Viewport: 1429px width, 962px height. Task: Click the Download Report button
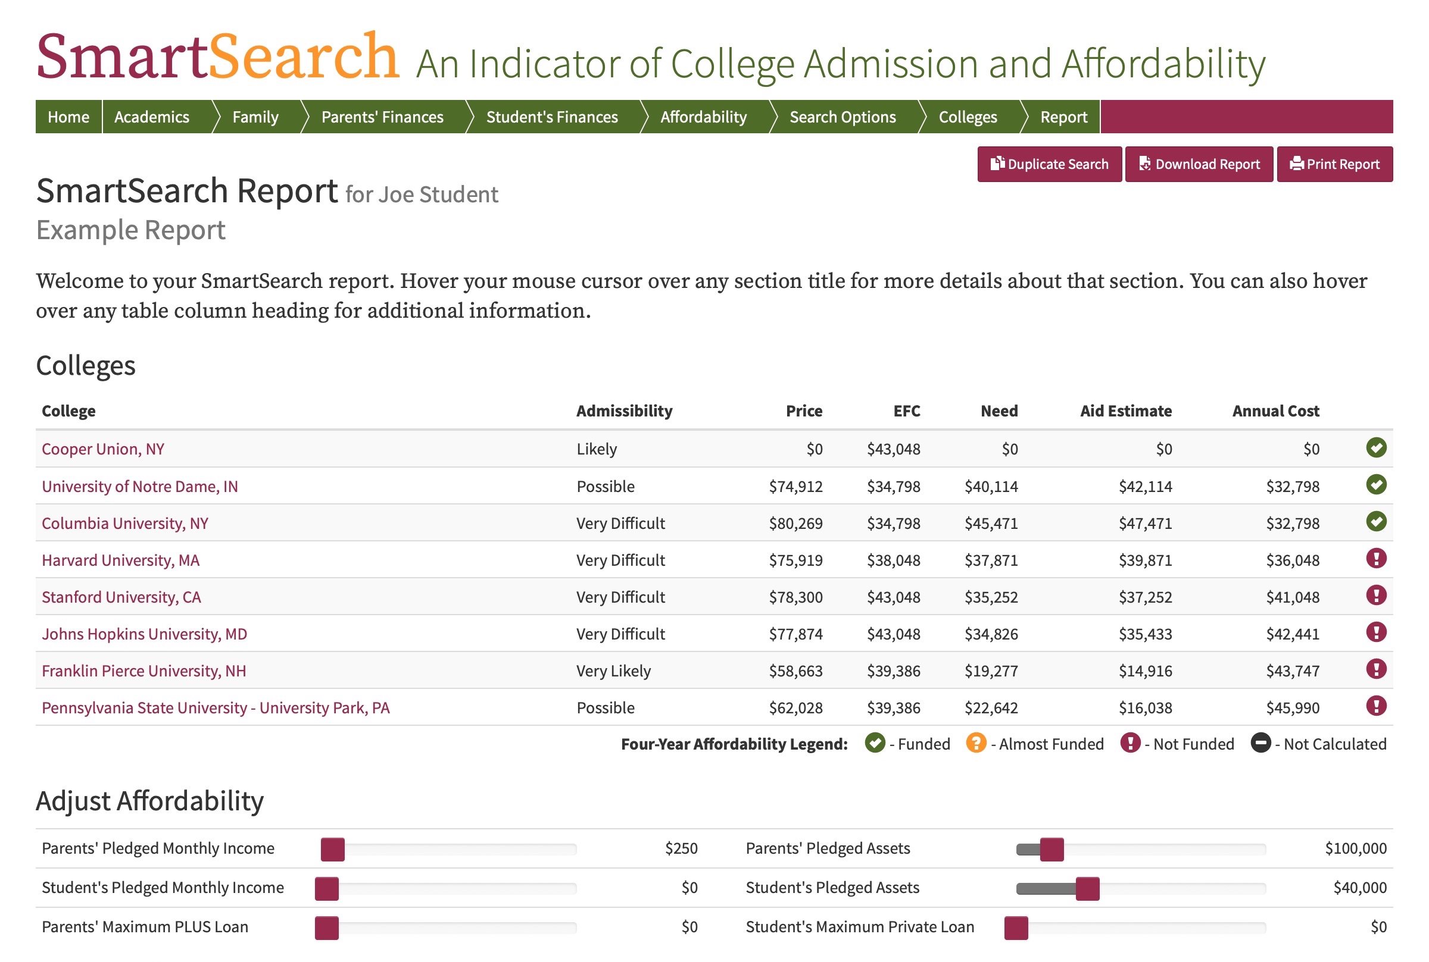[1198, 164]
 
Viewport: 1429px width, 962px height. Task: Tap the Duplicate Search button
[1049, 164]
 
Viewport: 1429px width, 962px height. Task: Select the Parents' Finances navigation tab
[382, 117]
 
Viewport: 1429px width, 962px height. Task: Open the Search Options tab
[842, 117]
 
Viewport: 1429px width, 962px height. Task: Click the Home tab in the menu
[68, 117]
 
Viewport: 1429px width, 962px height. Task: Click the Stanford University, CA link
[121, 597]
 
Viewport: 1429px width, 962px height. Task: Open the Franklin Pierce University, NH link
[143, 670]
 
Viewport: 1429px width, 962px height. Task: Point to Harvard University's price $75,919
[795, 560]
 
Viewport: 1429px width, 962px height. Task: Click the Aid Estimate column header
[1125, 411]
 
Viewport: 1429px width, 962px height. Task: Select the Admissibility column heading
[623, 411]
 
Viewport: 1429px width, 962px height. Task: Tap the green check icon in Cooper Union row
[1375, 448]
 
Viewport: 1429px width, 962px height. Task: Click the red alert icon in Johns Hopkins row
[1375, 632]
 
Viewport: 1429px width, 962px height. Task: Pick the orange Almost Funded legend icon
[975, 743]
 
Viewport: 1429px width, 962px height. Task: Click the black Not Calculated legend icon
[1260, 743]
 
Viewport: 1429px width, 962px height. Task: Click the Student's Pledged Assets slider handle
[1087, 888]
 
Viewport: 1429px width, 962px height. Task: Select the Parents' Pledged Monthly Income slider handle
[333, 849]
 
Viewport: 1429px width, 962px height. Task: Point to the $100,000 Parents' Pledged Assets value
[1355, 848]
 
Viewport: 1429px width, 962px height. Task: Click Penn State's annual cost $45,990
[1292, 708]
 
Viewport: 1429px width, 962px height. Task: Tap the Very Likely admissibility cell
[613, 671]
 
